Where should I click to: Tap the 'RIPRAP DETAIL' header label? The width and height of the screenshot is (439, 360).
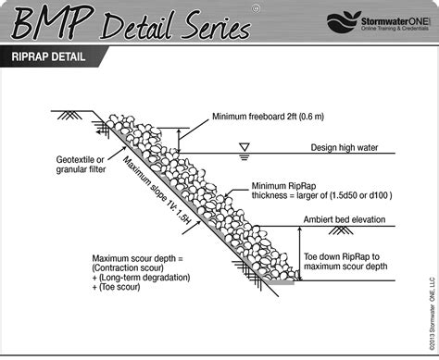[56, 57]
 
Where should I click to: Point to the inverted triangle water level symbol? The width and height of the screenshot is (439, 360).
[245, 147]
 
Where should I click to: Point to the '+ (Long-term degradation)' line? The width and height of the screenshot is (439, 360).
[141, 279]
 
